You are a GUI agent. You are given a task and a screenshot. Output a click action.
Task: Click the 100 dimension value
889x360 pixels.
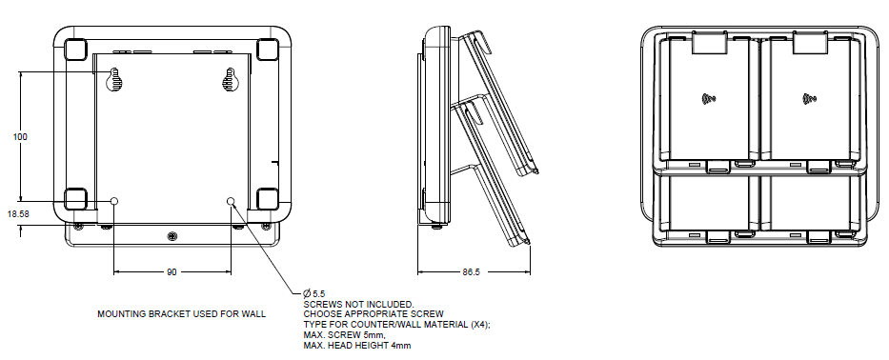[x=20, y=136]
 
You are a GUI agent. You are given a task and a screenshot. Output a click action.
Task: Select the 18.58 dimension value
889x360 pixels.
[x=18, y=213]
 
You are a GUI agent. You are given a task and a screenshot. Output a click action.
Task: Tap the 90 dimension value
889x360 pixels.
[x=172, y=272]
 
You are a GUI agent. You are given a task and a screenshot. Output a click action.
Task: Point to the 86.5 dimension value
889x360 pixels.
[x=471, y=272]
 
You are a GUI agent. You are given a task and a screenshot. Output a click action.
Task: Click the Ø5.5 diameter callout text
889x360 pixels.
[x=314, y=293]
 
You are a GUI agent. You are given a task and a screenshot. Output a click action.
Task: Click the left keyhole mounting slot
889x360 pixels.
[x=114, y=80]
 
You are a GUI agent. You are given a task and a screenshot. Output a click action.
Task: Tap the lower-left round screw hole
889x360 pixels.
[x=114, y=201]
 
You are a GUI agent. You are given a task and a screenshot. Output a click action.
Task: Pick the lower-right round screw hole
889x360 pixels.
[x=231, y=201]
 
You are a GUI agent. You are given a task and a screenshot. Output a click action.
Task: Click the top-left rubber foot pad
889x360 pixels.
[x=75, y=50]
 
